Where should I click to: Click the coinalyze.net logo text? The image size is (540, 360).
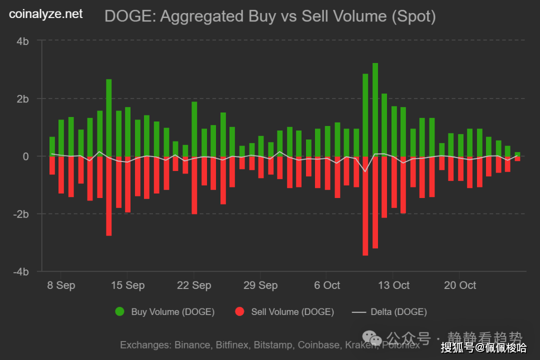click(46, 14)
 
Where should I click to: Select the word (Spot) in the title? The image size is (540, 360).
click(413, 16)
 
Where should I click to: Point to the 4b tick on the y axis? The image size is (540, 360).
click(22, 41)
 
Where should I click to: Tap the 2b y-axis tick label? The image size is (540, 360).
click(22, 98)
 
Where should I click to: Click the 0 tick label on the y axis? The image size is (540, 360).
click(25, 156)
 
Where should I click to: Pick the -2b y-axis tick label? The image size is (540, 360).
click(21, 214)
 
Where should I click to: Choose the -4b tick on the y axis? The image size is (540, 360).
click(21, 271)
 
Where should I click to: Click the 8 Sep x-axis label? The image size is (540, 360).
click(61, 285)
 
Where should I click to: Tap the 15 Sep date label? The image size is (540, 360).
click(127, 285)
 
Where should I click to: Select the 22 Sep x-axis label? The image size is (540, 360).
click(194, 285)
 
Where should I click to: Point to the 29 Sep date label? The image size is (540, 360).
click(260, 285)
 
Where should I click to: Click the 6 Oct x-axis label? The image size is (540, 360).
click(327, 285)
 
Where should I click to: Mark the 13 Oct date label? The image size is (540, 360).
click(393, 285)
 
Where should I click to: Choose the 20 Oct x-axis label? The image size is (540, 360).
click(460, 285)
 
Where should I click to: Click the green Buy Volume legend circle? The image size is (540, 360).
click(119, 312)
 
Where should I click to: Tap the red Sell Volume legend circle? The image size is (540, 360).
click(239, 312)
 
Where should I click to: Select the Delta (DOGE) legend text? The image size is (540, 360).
click(398, 312)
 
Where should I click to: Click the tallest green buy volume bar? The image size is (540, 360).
click(375, 109)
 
